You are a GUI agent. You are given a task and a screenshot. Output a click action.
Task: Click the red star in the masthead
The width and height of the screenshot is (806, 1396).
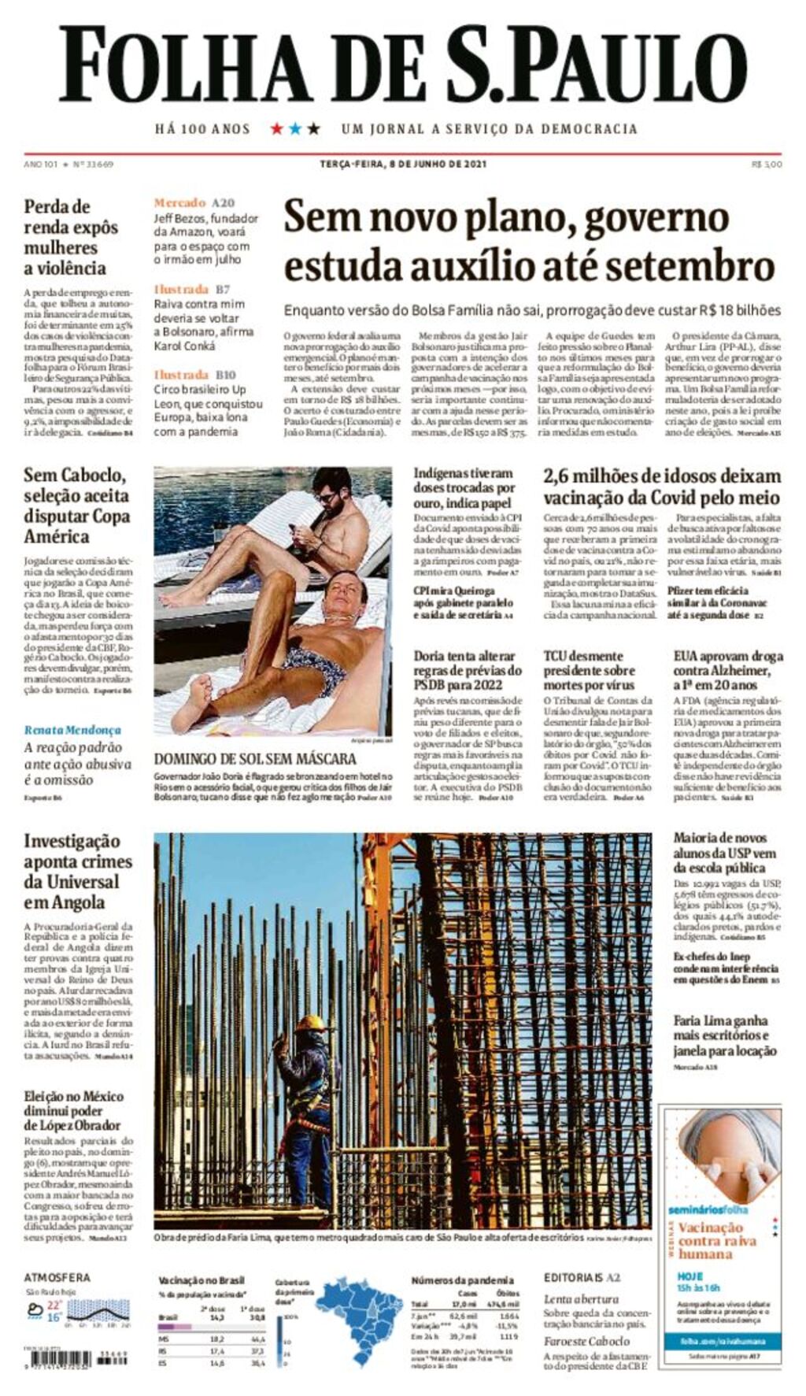(x=276, y=128)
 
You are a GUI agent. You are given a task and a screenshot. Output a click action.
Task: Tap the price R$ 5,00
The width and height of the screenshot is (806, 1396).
(x=767, y=165)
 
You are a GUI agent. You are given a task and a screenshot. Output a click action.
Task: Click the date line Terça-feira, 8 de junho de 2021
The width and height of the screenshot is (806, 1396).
(x=402, y=165)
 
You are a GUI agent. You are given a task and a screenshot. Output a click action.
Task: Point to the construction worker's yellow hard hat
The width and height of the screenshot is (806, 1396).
(x=310, y=1024)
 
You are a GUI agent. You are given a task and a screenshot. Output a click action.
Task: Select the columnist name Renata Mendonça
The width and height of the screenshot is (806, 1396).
(x=72, y=730)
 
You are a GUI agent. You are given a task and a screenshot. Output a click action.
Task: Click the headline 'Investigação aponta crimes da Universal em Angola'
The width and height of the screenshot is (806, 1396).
(x=77, y=872)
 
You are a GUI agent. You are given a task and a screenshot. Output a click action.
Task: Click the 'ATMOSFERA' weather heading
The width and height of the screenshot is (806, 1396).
(x=57, y=1277)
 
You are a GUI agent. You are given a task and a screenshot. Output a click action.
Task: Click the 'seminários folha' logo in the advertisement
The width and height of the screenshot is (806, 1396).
(x=708, y=1209)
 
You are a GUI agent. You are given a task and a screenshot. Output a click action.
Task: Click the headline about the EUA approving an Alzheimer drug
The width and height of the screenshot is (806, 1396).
(x=727, y=670)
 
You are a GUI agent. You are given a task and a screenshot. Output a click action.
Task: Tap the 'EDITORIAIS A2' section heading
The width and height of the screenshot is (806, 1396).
(x=582, y=1277)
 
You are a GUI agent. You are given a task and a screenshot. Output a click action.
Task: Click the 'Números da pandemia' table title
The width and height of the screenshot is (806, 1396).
(x=462, y=1280)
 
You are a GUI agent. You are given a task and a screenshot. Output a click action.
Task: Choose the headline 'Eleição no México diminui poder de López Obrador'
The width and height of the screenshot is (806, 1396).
(x=72, y=1111)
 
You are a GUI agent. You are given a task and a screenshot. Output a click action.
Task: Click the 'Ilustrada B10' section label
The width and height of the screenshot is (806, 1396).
(x=194, y=375)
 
